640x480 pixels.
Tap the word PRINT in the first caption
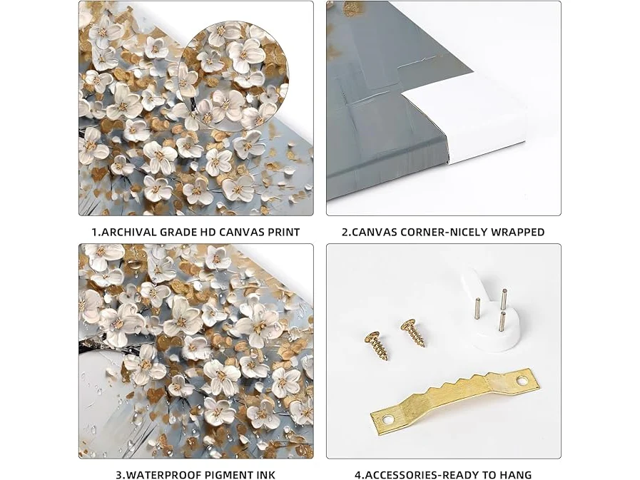[284, 233]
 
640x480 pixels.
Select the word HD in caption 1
[208, 233]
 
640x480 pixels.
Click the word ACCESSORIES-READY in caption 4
[420, 475]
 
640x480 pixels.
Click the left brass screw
[376, 346]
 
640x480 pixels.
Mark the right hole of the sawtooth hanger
[521, 382]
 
